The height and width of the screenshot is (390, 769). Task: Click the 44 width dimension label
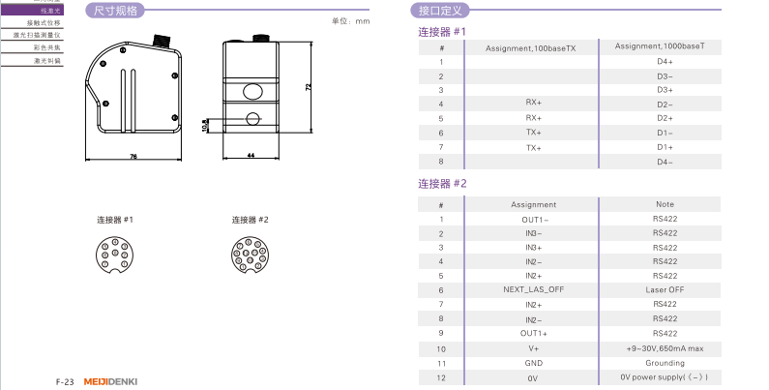point(251,155)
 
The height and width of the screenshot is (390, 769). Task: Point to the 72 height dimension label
point(309,86)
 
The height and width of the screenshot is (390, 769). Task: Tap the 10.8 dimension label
point(204,125)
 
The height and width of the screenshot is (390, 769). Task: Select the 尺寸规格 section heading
point(115,12)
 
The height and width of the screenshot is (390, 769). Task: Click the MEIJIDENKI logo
point(112,381)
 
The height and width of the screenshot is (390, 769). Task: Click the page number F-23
point(65,381)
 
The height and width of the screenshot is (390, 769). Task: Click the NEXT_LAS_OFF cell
point(533,289)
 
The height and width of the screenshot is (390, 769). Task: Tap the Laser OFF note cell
point(665,289)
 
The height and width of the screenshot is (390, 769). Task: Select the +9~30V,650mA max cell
point(665,347)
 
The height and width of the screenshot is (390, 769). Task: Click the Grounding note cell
point(665,362)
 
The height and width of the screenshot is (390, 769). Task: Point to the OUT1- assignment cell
point(533,219)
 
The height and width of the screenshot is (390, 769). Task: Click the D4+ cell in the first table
point(665,61)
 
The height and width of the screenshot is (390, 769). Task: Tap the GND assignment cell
point(533,362)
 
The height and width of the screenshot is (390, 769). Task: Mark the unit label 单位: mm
point(351,20)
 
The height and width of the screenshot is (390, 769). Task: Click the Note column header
point(665,204)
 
